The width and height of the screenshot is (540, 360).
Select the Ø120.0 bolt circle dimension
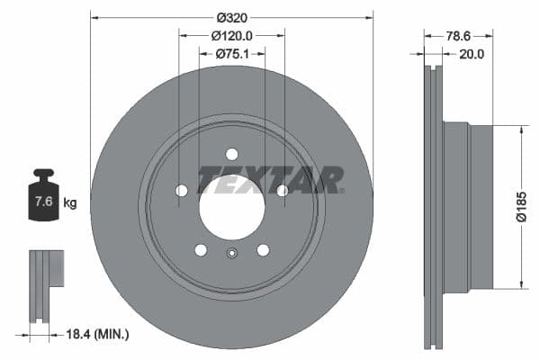click(x=231, y=35)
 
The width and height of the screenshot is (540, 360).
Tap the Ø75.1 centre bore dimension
click(x=231, y=54)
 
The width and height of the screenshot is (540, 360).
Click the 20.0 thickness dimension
click(x=472, y=54)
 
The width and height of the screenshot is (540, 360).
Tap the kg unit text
click(x=70, y=203)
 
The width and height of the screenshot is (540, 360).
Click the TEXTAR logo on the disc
click(x=271, y=179)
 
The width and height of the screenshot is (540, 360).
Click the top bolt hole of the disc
click(x=232, y=154)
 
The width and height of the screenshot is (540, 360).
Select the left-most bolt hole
click(x=182, y=190)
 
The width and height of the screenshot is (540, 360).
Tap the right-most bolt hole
click(x=283, y=190)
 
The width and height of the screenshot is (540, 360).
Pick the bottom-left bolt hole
click(x=201, y=249)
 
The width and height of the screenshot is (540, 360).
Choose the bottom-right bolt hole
click(x=263, y=249)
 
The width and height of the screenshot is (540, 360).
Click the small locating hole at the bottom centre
click(x=232, y=253)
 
